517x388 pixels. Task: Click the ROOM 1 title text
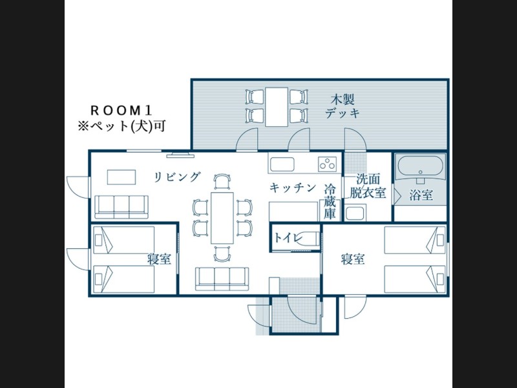tap(121, 111)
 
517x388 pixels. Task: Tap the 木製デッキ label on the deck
tap(343, 106)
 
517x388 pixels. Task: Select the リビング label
tap(177, 177)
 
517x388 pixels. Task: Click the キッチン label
tap(293, 188)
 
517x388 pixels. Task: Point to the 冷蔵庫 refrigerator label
tap(330, 202)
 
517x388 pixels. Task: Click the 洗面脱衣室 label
tap(368, 186)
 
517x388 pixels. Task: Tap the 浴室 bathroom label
tap(421, 195)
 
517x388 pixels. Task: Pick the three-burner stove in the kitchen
tap(328, 164)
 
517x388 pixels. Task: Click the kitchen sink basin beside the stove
tap(282, 164)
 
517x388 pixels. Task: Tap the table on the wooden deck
tap(277, 107)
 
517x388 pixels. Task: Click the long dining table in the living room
tap(222, 218)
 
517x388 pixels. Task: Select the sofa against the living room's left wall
tap(121, 207)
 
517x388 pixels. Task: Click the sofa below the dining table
tap(222, 279)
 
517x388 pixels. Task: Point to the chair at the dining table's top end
tap(222, 182)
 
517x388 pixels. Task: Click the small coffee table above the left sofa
tap(121, 177)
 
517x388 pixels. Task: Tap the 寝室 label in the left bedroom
tap(159, 259)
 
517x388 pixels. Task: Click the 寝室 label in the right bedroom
tap(353, 259)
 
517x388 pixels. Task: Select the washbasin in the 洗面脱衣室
tap(355, 213)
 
